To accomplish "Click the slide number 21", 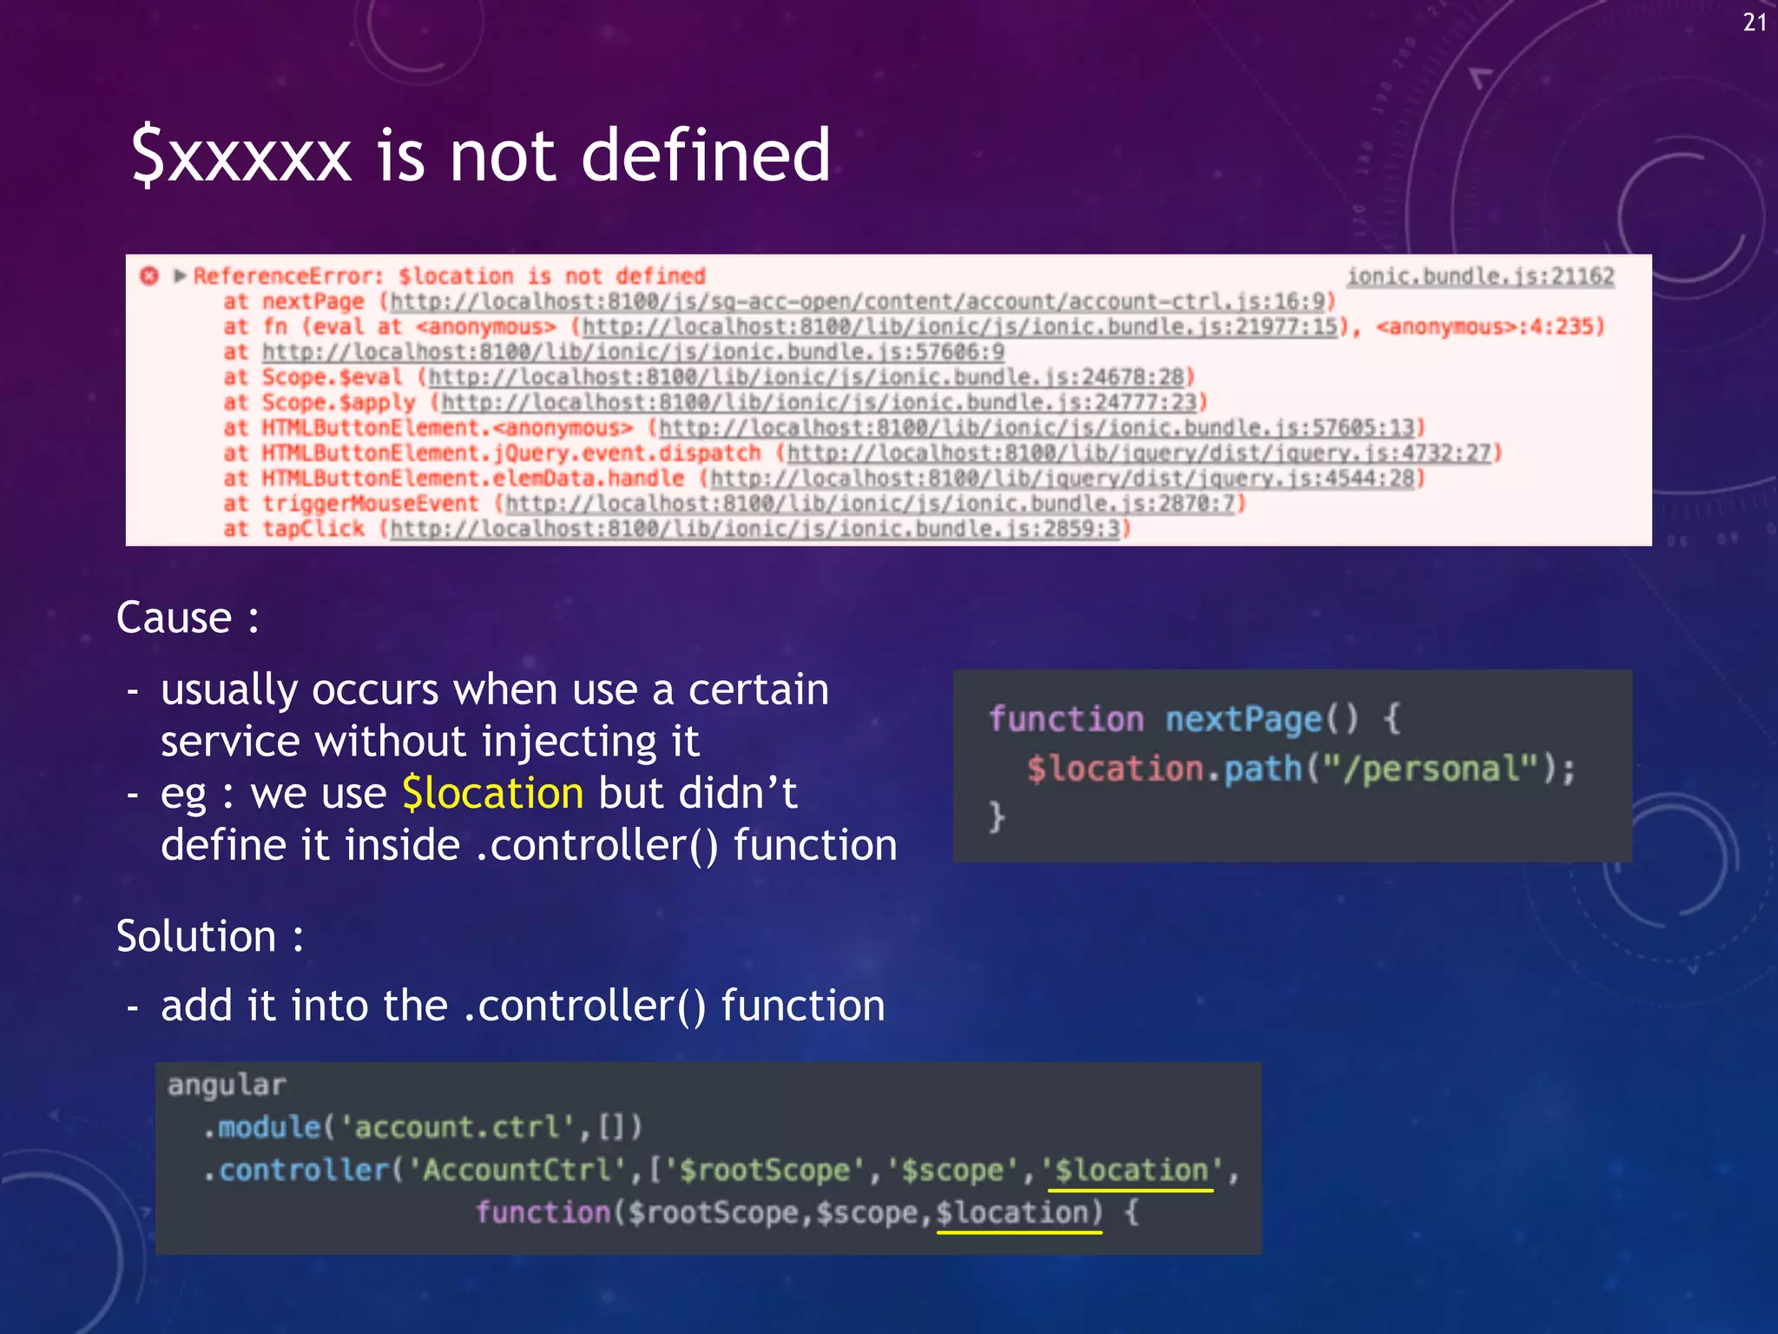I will point(1754,23).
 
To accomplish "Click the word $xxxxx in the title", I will point(241,156).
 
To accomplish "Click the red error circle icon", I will point(149,276).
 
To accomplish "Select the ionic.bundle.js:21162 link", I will point(1479,276).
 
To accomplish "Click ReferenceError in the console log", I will point(287,276).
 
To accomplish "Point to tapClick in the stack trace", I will point(313,529).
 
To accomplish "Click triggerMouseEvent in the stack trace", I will point(371,504).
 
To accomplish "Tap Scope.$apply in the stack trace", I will point(339,403).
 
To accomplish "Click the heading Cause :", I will point(188,618).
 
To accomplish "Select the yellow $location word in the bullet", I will point(493,794).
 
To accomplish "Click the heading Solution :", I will point(210,936).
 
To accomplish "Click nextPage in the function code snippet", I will point(1242,719).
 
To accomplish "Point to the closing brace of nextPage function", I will point(997,817).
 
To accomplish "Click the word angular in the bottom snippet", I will point(227,1085).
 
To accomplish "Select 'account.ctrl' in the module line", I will point(456,1127).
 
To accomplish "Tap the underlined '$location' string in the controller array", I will point(1130,1170).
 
